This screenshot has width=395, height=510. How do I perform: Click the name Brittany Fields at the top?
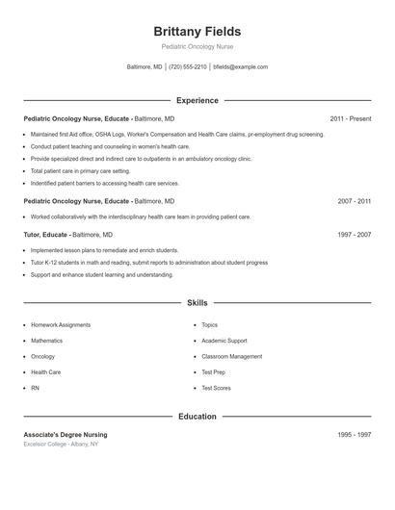[197, 32]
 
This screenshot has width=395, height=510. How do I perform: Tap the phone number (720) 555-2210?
[188, 67]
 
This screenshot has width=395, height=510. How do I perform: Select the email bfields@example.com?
[240, 67]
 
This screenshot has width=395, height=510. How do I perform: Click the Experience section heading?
[197, 100]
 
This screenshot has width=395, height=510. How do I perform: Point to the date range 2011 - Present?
[350, 118]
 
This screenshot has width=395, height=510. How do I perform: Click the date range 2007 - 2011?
[354, 201]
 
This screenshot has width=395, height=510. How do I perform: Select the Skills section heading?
[197, 302]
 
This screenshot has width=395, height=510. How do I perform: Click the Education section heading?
[197, 417]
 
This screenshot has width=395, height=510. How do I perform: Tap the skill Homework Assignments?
[61, 325]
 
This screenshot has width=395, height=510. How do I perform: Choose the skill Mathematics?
[46, 341]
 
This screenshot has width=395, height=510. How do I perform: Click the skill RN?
[35, 388]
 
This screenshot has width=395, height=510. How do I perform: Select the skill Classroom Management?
[231, 356]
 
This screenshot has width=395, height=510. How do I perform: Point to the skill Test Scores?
[216, 388]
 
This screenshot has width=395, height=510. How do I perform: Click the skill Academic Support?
[224, 341]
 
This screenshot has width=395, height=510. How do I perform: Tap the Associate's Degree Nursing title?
[66, 435]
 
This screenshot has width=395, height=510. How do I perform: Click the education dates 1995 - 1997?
[354, 435]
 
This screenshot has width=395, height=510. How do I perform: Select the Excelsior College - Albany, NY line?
[61, 444]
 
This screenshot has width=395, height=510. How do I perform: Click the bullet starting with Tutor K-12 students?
[149, 262]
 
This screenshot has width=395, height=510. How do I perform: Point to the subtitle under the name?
[197, 46]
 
